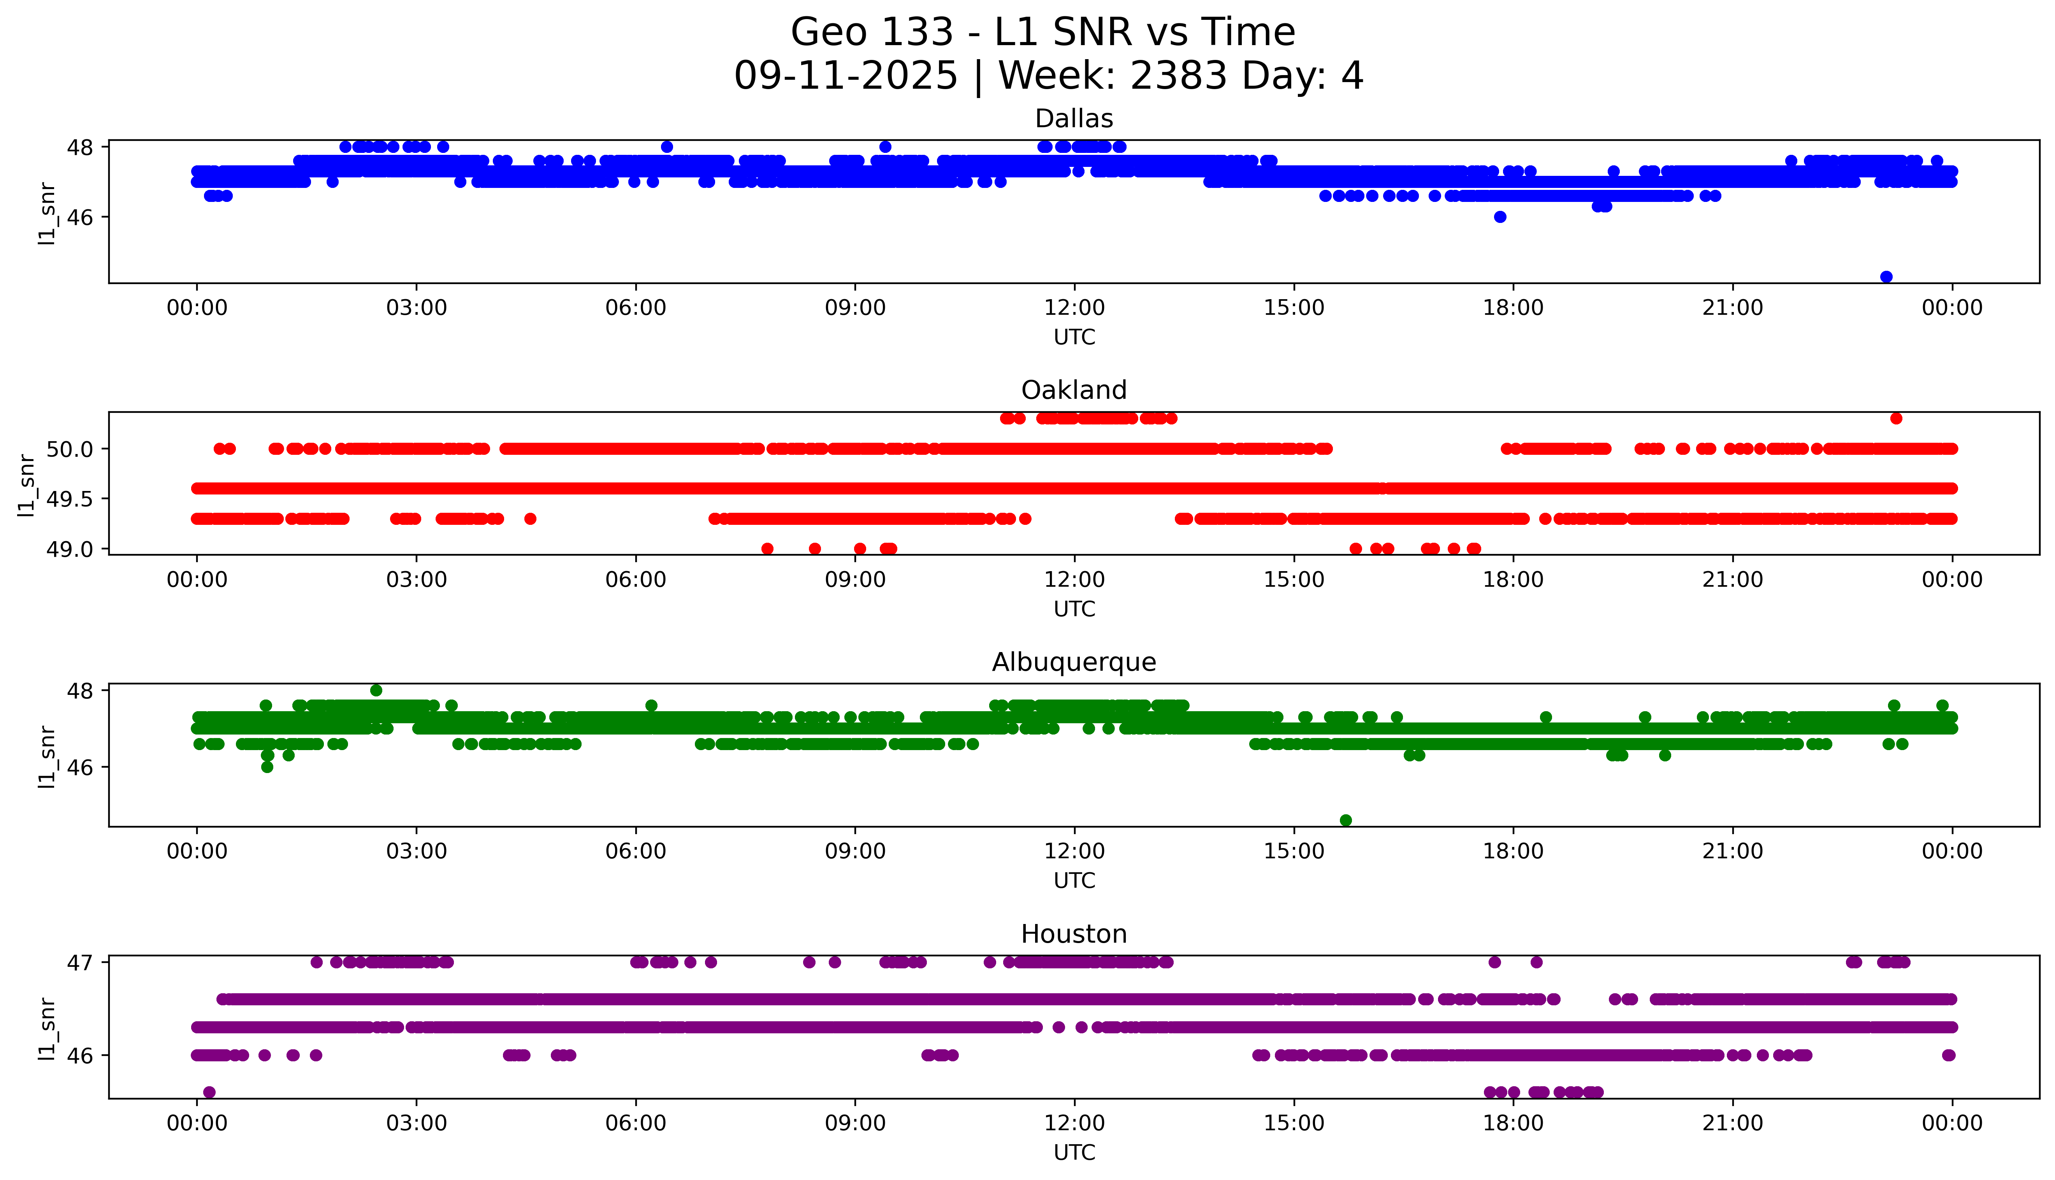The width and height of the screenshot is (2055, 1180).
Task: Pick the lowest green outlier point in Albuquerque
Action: [x=1346, y=820]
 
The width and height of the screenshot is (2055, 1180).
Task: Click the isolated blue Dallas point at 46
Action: [x=1500, y=216]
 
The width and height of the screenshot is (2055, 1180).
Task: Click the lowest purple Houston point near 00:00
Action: [x=209, y=1092]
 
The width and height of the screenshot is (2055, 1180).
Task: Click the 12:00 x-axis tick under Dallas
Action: [x=1074, y=308]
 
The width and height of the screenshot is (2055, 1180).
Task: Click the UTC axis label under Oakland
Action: [x=1074, y=609]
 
